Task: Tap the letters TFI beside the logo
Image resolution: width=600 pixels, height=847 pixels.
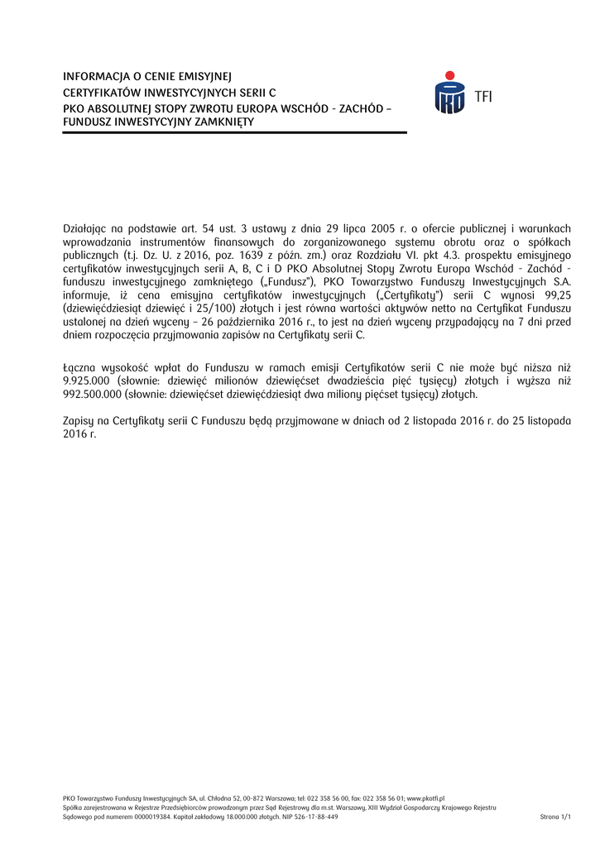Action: [483, 97]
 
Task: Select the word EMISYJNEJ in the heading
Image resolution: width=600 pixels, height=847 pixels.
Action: [205, 78]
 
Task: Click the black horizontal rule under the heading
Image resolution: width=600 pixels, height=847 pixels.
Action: [235, 133]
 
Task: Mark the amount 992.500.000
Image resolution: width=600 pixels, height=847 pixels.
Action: [93, 395]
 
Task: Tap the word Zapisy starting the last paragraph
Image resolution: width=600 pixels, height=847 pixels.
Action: [80, 421]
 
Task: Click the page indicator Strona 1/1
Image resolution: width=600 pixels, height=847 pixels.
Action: [555, 816]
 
